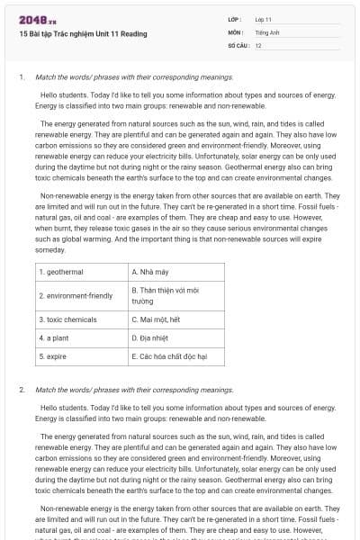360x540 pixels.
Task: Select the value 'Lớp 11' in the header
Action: click(264, 19)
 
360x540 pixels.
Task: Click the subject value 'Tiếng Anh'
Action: click(267, 31)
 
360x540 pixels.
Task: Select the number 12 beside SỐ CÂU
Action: click(258, 44)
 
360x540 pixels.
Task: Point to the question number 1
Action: click(22, 77)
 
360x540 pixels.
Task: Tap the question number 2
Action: click(22, 391)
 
